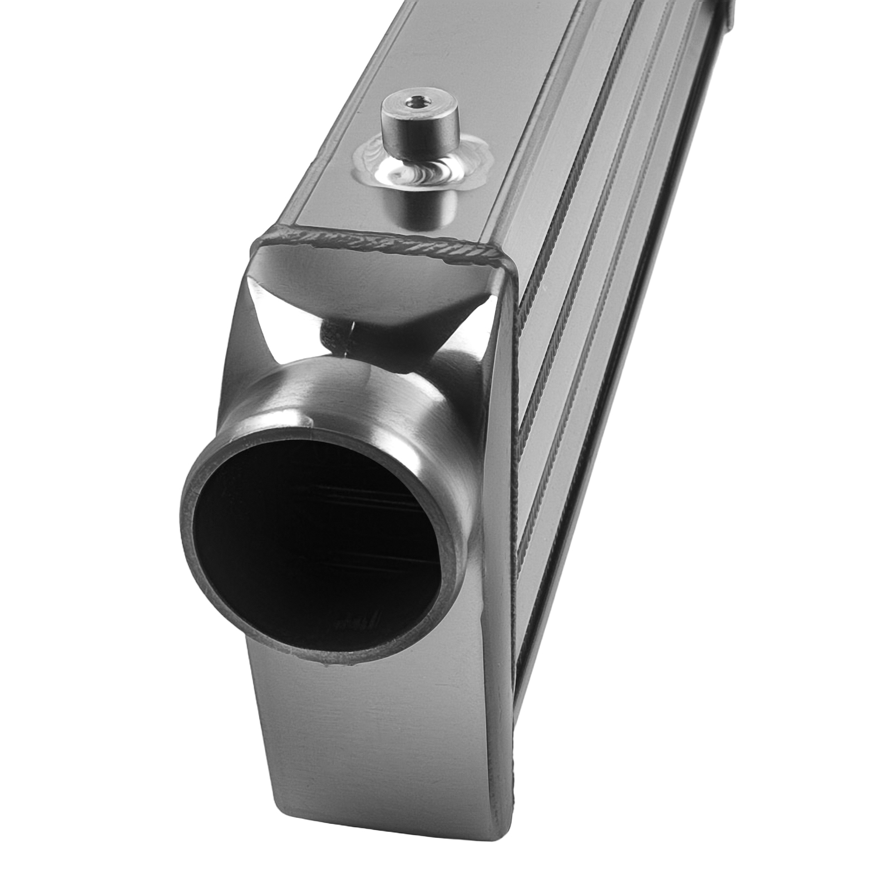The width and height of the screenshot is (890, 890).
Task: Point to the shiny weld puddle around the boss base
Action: click(x=423, y=167)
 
